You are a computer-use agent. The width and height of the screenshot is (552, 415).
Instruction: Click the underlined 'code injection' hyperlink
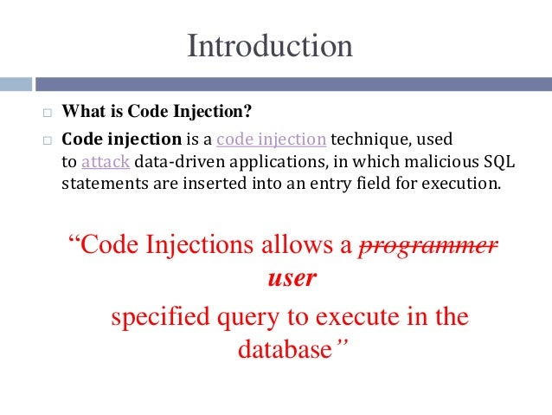point(271,139)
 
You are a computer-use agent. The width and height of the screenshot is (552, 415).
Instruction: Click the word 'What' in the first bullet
point(80,113)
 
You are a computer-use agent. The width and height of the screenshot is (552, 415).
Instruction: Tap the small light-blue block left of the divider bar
point(16,84)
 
